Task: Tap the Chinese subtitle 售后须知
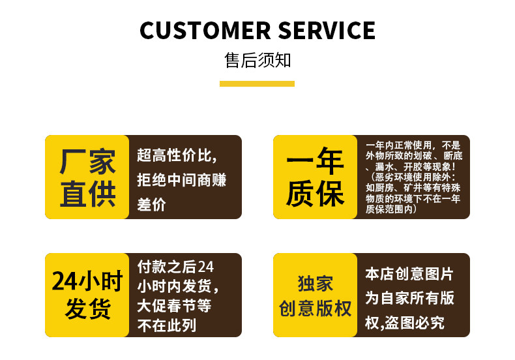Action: point(257,61)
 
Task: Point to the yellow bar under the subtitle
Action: point(257,83)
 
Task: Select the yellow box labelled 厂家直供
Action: point(87,177)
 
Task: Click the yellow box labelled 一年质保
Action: point(315,177)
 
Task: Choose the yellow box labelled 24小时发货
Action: point(87,295)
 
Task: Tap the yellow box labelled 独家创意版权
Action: point(315,295)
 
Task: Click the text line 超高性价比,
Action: point(177,155)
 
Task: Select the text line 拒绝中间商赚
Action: point(182,179)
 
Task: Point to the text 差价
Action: point(152,204)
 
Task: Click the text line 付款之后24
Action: point(175,267)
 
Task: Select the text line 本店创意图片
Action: point(409,274)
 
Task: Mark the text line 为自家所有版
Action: point(409,298)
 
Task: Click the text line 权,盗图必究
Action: point(404,322)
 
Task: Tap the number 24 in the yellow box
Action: point(65,282)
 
